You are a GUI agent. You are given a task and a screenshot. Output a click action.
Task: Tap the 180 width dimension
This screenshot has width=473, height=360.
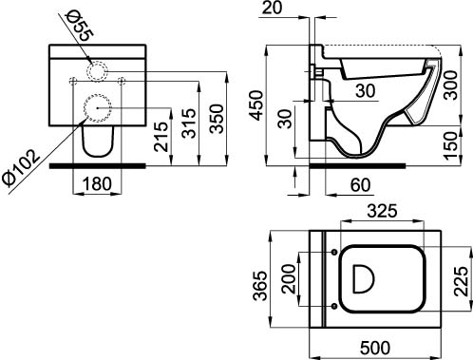(97, 183)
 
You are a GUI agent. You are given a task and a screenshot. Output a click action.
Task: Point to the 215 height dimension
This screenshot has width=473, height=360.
(161, 137)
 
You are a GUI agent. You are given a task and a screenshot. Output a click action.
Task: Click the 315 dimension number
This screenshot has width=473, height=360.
(190, 123)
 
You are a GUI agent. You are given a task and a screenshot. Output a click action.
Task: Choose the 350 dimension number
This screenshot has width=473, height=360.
(218, 119)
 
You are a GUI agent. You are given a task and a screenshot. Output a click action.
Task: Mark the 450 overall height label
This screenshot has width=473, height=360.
(256, 105)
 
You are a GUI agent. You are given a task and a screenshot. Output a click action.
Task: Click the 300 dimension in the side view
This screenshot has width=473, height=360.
(450, 85)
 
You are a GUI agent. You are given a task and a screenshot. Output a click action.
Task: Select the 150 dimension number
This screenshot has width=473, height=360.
(450, 145)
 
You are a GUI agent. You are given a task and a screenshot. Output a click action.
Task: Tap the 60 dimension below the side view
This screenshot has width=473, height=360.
(361, 185)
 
